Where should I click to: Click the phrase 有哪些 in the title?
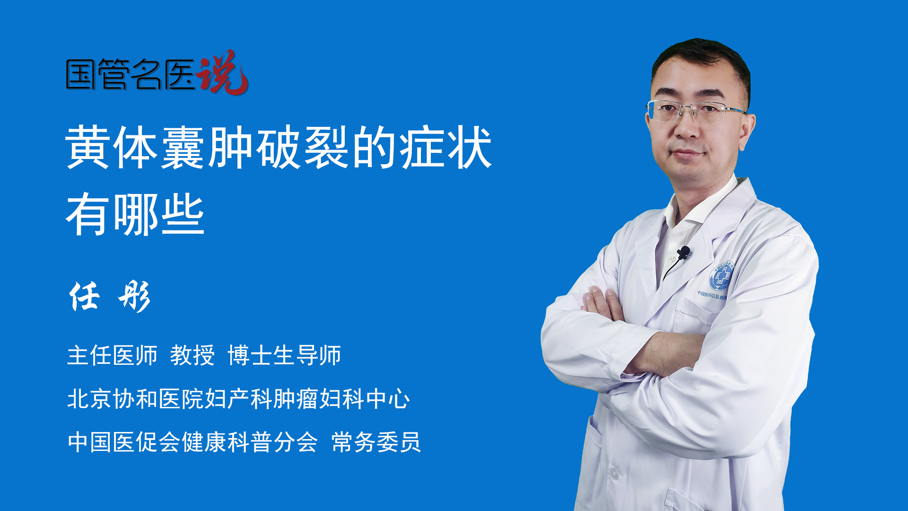coord(135,214)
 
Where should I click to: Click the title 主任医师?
coord(112,355)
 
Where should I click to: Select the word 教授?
coord(192,355)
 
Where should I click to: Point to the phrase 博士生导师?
coord(284,355)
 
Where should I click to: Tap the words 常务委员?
coord(376,442)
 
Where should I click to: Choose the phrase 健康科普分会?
coord(250,442)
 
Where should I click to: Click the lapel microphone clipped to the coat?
coord(683,253)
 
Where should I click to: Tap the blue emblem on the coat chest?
coord(721,277)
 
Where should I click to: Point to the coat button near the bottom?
coord(613,473)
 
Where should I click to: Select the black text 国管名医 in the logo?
coord(131,74)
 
